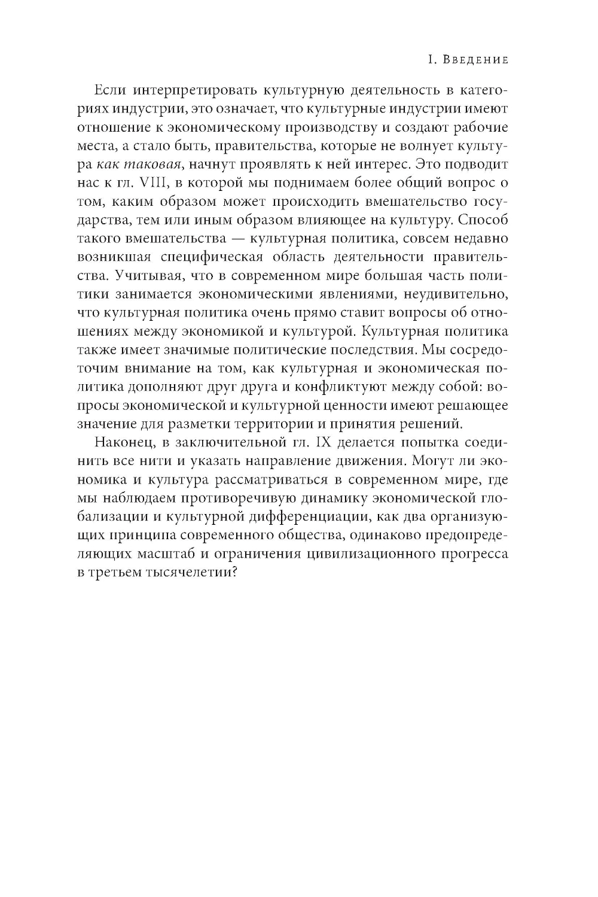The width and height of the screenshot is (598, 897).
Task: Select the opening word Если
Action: (111, 91)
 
